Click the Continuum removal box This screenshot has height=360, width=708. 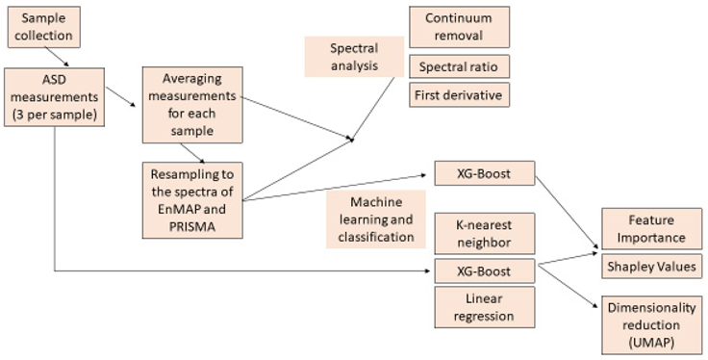(x=459, y=27)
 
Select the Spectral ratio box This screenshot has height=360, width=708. (x=459, y=66)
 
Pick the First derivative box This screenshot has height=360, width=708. (x=459, y=95)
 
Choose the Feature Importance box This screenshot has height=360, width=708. (x=651, y=228)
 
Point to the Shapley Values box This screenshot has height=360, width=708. (x=651, y=266)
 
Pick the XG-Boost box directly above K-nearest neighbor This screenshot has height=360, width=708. (x=484, y=174)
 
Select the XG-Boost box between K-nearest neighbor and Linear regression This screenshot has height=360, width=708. (x=484, y=270)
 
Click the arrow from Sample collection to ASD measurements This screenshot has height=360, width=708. (x=61, y=60)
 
